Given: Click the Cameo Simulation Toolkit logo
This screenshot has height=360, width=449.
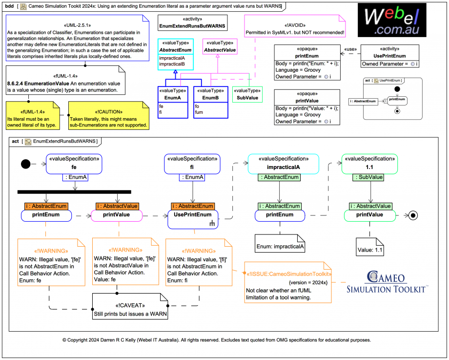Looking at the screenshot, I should click(x=387, y=283).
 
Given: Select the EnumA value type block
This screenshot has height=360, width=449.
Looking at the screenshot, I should click(x=173, y=102).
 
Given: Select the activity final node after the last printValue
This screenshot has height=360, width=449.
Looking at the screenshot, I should click(x=413, y=215).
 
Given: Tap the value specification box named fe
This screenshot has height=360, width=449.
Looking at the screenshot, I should click(x=74, y=164).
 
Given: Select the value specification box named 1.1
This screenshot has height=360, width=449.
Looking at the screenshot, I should click(x=369, y=164).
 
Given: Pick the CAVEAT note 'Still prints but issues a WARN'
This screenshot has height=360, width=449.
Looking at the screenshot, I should click(x=130, y=307).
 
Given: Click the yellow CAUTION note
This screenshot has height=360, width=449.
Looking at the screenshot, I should click(x=108, y=115).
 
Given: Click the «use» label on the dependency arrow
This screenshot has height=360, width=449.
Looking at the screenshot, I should click(x=350, y=49).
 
